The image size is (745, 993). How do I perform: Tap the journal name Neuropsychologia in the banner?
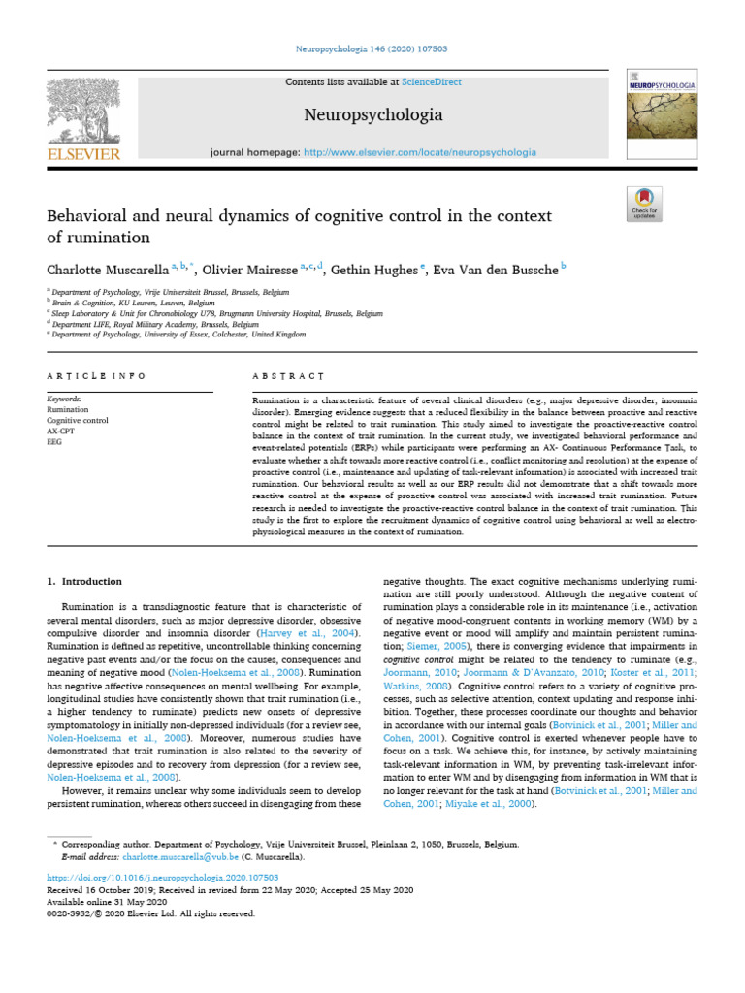point(372,115)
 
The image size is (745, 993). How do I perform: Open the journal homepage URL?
point(420,152)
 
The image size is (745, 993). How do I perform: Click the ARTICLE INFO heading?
point(96,375)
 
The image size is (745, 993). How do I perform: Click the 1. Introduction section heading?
point(85,581)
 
